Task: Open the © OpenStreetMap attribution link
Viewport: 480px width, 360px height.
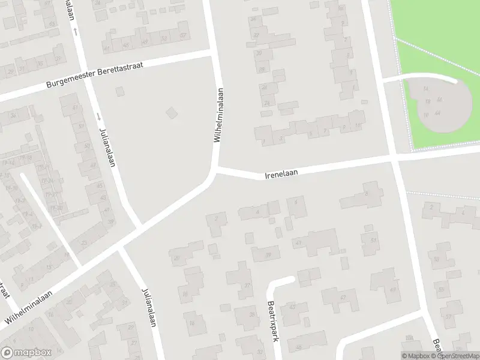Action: tap(454, 356)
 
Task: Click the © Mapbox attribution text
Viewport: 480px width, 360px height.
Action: tap(416, 356)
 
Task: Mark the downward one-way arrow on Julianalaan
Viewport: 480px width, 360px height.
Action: tap(97, 116)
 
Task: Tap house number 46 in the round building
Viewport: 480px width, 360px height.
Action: tap(440, 100)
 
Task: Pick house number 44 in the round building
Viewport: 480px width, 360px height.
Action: tap(439, 113)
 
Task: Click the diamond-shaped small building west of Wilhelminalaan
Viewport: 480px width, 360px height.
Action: tap(172, 112)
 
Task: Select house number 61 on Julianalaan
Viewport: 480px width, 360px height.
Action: tap(75, 107)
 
